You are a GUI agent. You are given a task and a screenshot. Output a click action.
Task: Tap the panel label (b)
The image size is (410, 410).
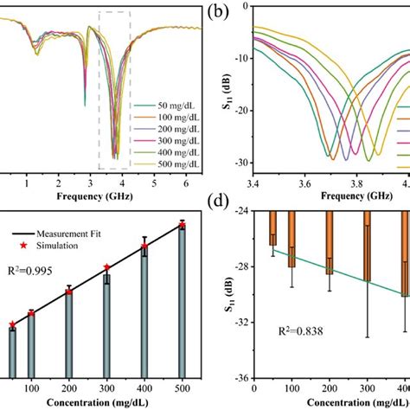tap(217, 13)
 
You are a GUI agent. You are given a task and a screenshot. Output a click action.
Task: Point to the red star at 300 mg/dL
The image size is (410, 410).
tap(106, 267)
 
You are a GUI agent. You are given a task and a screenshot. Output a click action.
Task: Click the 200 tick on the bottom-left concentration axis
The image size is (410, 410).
tap(68, 388)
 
